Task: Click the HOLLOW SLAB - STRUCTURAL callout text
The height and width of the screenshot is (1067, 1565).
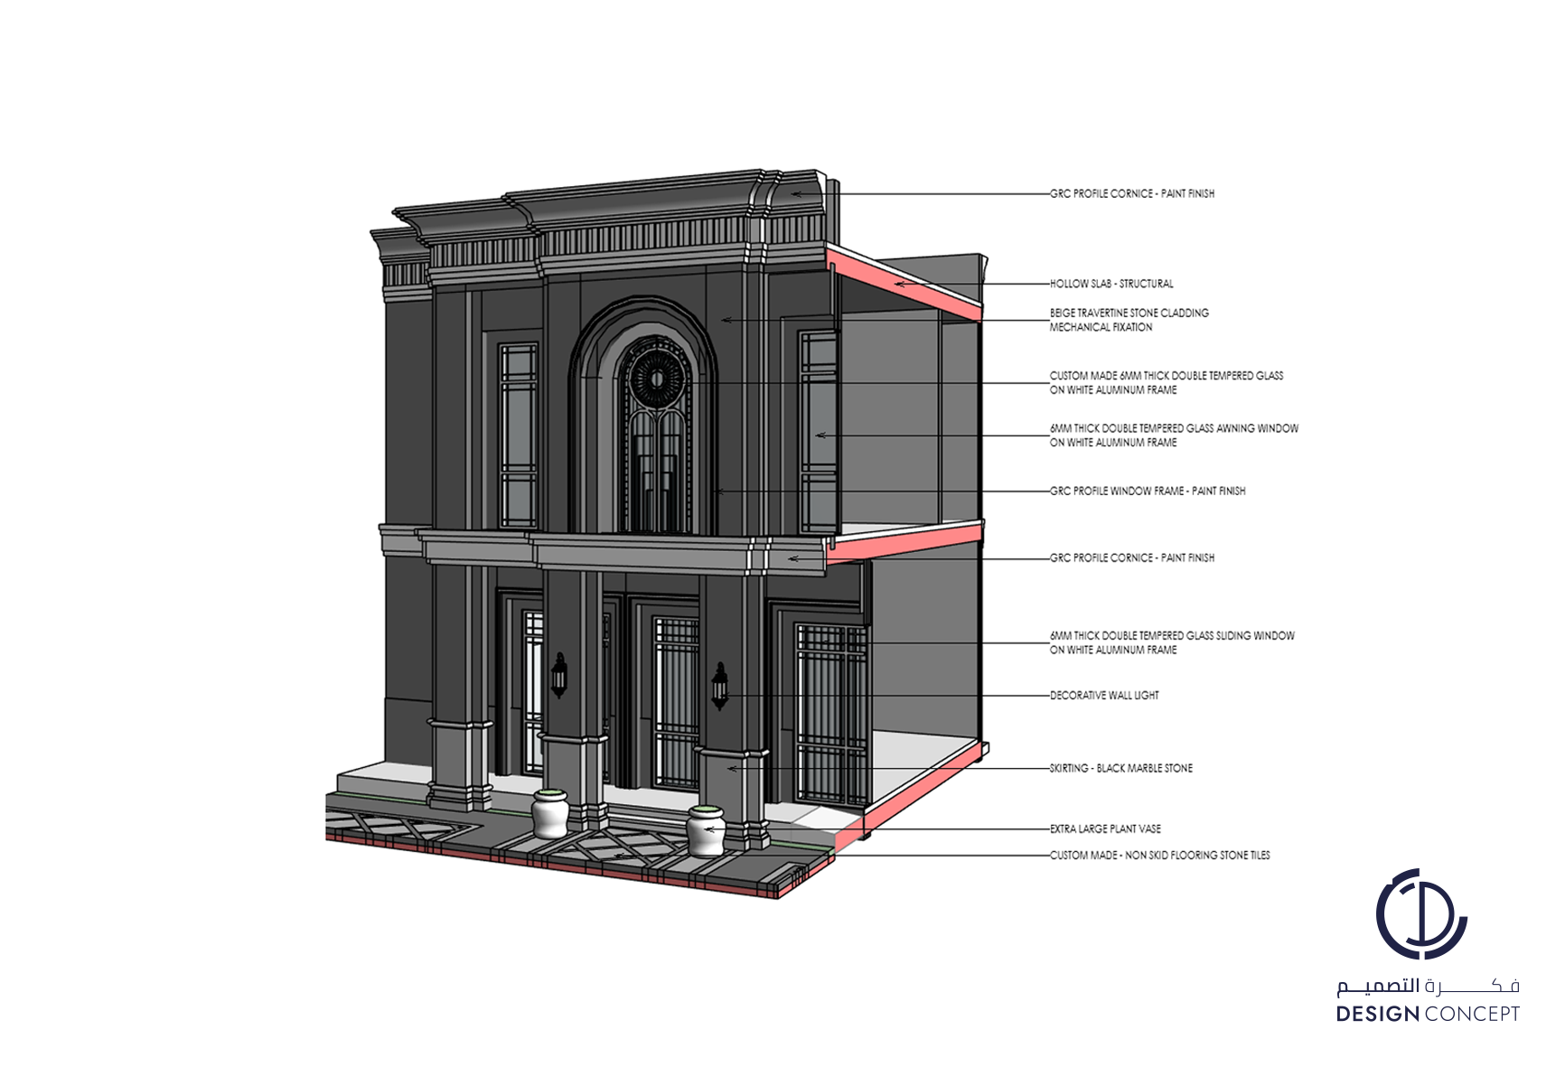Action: (x=1111, y=284)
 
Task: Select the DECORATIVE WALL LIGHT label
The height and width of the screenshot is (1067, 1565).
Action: (x=1104, y=696)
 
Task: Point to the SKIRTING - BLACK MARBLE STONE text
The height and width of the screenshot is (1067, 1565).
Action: (x=1120, y=769)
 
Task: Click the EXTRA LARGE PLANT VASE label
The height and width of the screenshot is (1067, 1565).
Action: (x=1105, y=828)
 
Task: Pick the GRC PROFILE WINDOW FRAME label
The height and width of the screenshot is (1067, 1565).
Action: (x=1148, y=491)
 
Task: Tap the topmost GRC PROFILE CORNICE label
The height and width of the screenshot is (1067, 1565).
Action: (x=1132, y=193)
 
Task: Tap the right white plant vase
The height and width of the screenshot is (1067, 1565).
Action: (x=706, y=830)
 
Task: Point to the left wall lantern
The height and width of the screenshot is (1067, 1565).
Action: (x=559, y=675)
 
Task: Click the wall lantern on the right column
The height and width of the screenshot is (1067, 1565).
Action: (x=719, y=686)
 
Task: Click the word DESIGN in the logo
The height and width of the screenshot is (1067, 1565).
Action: (x=1377, y=1015)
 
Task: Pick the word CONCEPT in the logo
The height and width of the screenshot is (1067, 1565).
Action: (x=1472, y=1015)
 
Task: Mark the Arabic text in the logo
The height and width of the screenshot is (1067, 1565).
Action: (x=1428, y=985)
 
